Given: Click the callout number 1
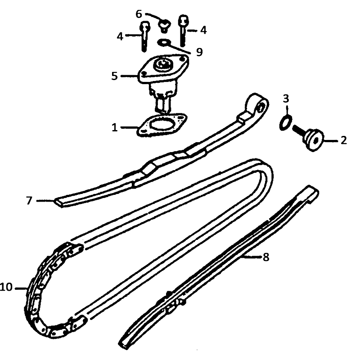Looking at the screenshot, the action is click(x=115, y=127).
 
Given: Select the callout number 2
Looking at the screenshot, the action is click(x=343, y=140).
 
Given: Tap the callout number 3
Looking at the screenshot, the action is click(x=286, y=99).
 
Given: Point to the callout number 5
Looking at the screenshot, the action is click(x=114, y=76).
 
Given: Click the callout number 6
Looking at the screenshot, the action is click(x=139, y=14).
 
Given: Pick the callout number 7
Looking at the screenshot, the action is click(x=29, y=200).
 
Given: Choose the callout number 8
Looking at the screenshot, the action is click(x=266, y=257).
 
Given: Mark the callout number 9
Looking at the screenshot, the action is click(x=199, y=52).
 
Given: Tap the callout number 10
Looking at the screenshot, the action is click(x=6, y=287).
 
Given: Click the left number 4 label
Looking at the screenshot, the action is click(x=120, y=36).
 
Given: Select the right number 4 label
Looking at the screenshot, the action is click(x=203, y=30).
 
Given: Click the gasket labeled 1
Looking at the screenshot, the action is click(x=162, y=125).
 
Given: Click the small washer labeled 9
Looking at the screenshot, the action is click(x=162, y=42).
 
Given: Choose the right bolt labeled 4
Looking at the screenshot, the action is click(x=183, y=31).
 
